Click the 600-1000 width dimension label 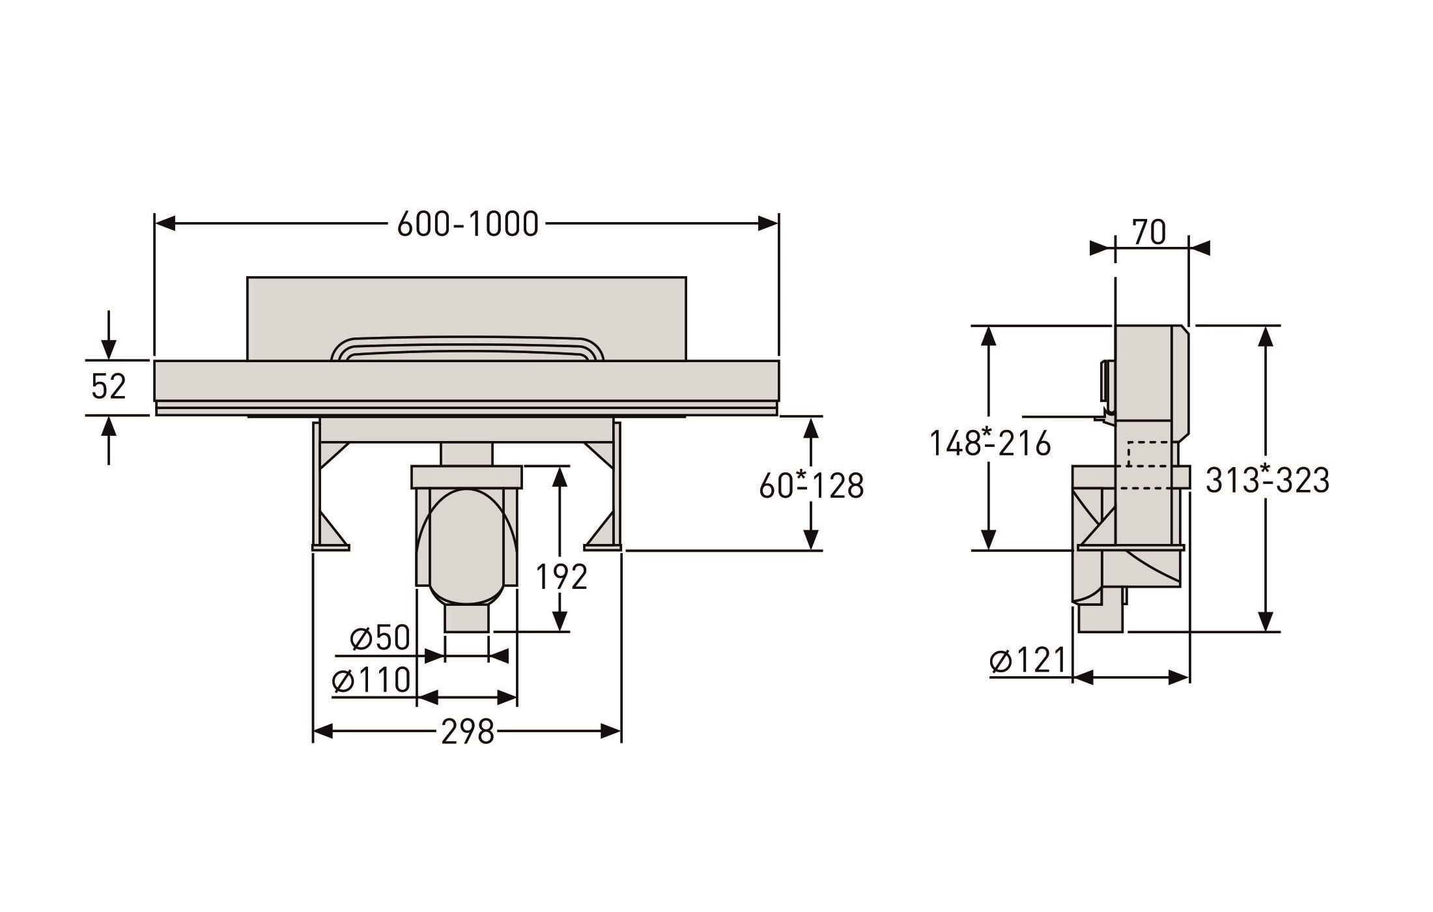(x=468, y=224)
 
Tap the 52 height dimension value (x=108, y=386)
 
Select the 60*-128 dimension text (x=812, y=485)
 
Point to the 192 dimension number (x=561, y=577)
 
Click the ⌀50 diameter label (x=380, y=638)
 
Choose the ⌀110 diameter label (x=371, y=680)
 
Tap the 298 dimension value (x=468, y=732)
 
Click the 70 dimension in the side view (x=1149, y=232)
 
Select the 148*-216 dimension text (x=989, y=444)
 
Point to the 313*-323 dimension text (x=1267, y=481)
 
